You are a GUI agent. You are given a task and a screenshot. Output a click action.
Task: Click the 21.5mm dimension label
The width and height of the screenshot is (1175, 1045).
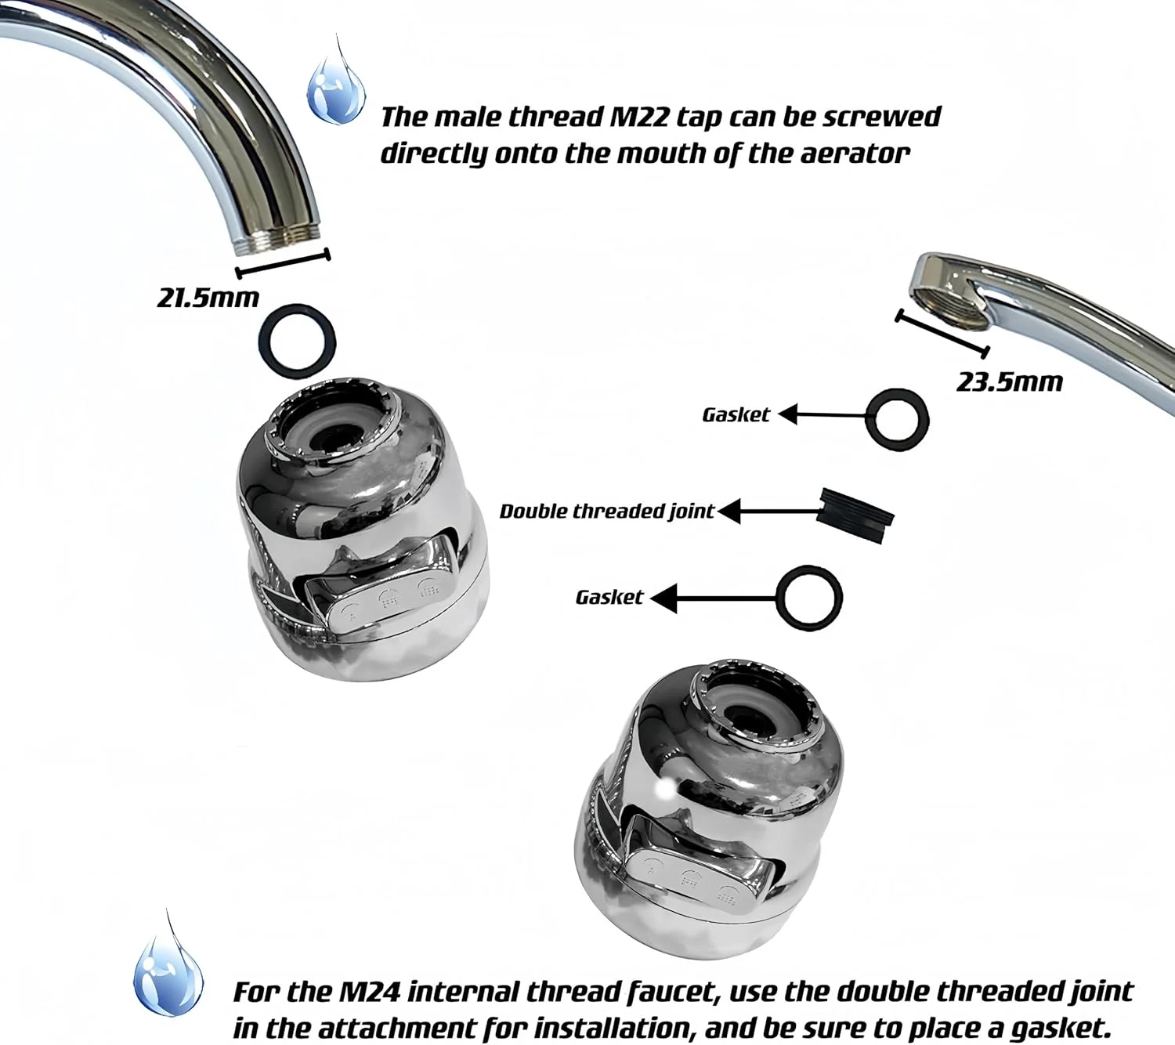pyautogui.click(x=208, y=298)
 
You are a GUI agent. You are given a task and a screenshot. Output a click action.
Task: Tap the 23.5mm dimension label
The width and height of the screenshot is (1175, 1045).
pyautogui.click(x=1009, y=381)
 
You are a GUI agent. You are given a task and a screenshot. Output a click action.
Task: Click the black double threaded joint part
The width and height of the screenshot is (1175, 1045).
pyautogui.click(x=855, y=515)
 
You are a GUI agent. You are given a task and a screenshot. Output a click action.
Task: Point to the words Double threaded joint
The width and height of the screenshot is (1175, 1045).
pyautogui.click(x=607, y=511)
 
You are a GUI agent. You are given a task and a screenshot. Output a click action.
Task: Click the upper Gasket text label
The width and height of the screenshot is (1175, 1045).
pyautogui.click(x=736, y=414)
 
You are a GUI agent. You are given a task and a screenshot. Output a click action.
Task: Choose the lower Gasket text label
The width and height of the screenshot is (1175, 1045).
pyautogui.click(x=609, y=597)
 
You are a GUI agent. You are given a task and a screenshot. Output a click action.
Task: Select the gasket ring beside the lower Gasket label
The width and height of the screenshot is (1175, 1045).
pyautogui.click(x=780, y=597)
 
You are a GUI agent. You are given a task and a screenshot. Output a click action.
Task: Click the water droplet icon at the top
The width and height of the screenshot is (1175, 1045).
pyautogui.click(x=336, y=92)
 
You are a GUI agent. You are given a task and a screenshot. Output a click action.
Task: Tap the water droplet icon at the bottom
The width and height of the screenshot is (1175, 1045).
pyautogui.click(x=168, y=974)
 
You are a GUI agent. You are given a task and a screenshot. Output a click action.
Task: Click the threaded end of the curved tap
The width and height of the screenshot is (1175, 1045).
pyautogui.click(x=278, y=247)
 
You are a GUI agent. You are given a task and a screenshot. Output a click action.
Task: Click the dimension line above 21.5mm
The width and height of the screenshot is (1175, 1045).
pyautogui.click(x=283, y=264)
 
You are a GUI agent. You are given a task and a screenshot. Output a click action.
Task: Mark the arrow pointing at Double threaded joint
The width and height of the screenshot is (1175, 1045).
pyautogui.click(x=768, y=512)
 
